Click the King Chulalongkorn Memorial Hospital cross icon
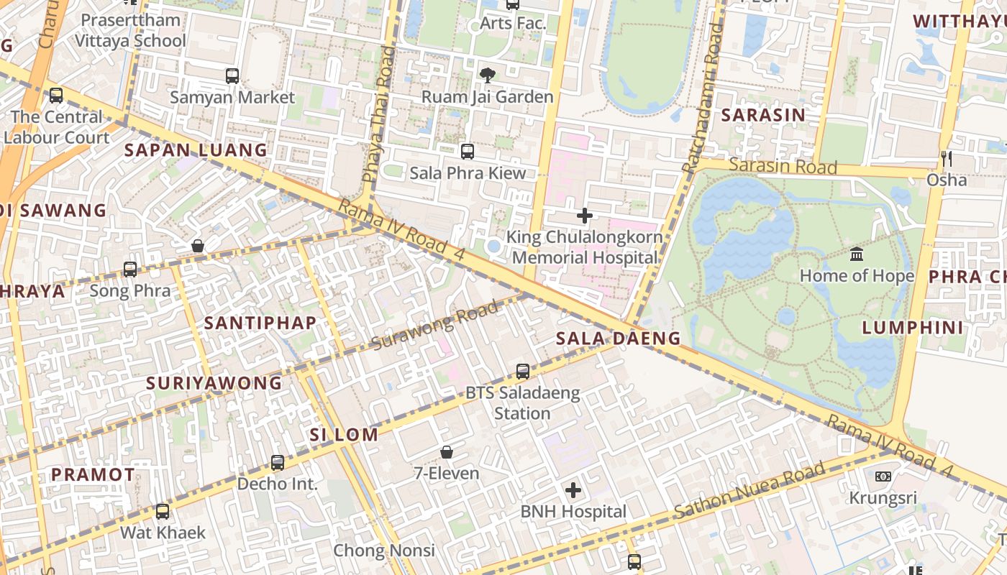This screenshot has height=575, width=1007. pyautogui.click(x=585, y=215)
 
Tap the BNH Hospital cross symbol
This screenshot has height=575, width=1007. pyautogui.click(x=573, y=490)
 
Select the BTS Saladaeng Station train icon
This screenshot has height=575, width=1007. pyautogui.click(x=523, y=372)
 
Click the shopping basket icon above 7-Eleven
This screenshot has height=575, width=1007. pyautogui.click(x=447, y=452)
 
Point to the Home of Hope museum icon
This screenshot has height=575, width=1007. pyautogui.click(x=857, y=254)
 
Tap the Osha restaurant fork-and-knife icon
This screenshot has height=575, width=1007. pyautogui.click(x=947, y=158)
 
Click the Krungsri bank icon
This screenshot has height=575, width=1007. pyautogui.click(x=883, y=477)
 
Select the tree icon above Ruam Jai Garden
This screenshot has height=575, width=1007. pyautogui.click(x=487, y=75)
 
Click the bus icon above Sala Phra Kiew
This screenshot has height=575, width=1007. pyautogui.click(x=468, y=151)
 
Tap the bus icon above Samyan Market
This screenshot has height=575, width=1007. pyautogui.click(x=232, y=75)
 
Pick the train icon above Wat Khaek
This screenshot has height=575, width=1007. pyautogui.click(x=163, y=512)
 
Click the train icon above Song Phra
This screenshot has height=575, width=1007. pyautogui.click(x=130, y=270)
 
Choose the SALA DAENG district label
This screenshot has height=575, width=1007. pyautogui.click(x=618, y=338)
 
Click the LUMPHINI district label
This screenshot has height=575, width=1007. pyautogui.click(x=912, y=328)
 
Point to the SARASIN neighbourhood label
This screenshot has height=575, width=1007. pyautogui.click(x=762, y=115)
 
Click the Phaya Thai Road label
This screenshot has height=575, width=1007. pyautogui.click(x=378, y=115)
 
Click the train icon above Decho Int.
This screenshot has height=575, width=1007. pyautogui.click(x=278, y=462)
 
